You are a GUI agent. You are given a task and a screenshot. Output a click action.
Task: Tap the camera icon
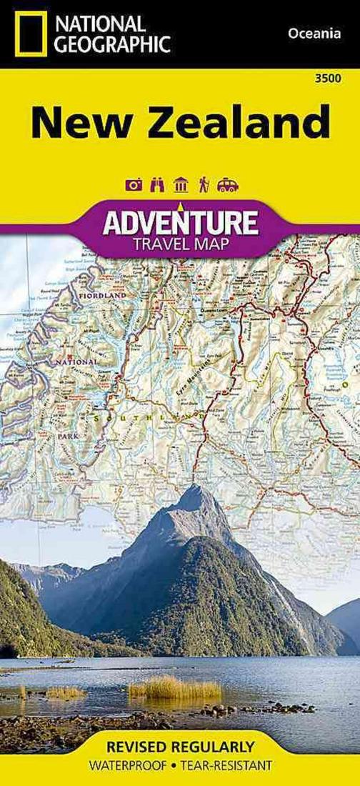tap(134, 185)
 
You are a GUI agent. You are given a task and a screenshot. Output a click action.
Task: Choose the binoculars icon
tap(157, 185)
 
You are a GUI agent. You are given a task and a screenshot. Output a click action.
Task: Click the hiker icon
tap(204, 185)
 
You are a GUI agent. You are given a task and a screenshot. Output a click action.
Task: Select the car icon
tap(227, 185)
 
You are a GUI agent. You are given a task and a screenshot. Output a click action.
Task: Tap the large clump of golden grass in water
tap(175, 690)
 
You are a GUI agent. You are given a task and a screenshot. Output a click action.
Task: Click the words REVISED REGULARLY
tap(179, 747)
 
